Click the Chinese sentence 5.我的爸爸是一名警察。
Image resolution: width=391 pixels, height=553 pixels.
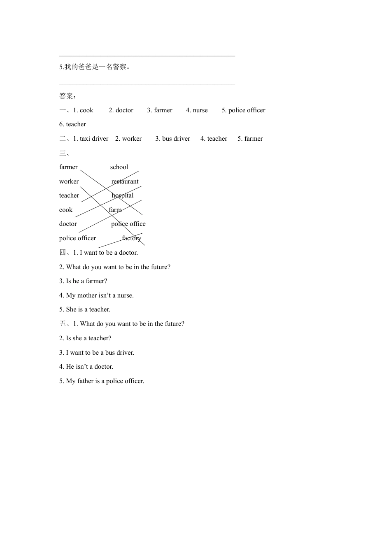95,67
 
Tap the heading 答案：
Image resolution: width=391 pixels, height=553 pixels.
67,96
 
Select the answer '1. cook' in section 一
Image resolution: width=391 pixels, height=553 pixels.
83,110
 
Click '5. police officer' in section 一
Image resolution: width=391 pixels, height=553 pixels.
243,110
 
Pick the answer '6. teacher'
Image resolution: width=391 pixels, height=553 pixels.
72,124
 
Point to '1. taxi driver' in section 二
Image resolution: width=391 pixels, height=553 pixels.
91,139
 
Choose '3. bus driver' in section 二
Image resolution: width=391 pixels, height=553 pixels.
172,139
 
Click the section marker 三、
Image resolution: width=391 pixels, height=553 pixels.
65,153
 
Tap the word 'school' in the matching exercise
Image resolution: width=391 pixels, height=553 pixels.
119,167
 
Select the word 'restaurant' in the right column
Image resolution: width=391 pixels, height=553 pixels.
125,181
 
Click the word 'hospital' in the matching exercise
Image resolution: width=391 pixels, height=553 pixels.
123,195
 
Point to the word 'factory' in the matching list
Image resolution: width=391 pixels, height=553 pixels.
131,238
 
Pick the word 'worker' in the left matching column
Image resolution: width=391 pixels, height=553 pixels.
69,181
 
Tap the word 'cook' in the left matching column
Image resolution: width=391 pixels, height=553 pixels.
66,210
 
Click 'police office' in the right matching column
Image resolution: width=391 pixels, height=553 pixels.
128,224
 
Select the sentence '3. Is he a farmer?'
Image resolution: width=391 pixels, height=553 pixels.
83,281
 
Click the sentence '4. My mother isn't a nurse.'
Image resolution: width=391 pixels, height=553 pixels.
96,295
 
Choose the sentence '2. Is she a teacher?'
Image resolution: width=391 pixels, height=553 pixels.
85,338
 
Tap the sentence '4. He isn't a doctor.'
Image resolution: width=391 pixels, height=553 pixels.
86,367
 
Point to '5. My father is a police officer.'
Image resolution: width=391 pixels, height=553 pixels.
102,381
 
